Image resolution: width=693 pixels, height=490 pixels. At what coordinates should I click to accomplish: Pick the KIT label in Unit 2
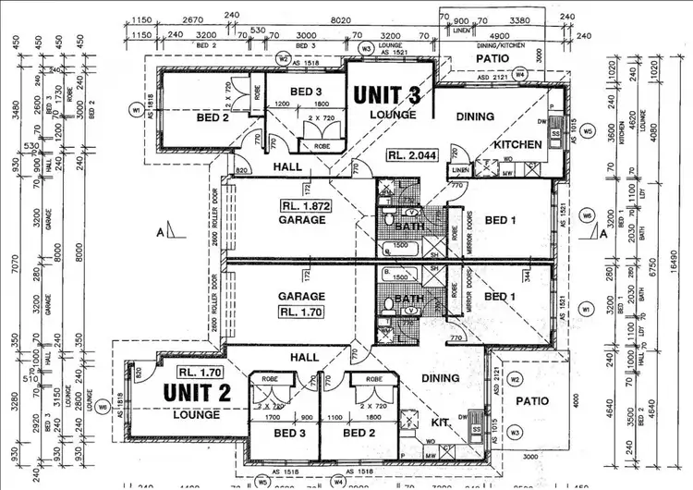pyautogui.click(x=442, y=423)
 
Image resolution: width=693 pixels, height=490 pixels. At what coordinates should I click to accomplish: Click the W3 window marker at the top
pyautogui.click(x=366, y=47)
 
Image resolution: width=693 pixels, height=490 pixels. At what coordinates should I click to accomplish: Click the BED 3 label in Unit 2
pyautogui.click(x=289, y=433)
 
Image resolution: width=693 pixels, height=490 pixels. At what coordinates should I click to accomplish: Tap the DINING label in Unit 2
pyautogui.click(x=440, y=377)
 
